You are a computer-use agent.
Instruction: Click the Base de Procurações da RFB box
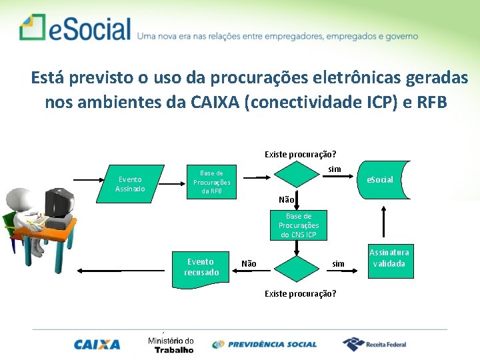point(211,181)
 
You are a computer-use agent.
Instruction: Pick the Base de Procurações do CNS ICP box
point(298,225)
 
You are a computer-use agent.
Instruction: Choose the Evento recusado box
point(201,267)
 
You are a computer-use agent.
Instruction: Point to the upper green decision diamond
point(299,175)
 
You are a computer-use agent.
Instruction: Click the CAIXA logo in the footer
point(97,345)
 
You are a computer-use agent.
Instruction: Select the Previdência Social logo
point(265,345)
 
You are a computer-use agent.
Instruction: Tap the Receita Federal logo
point(374,344)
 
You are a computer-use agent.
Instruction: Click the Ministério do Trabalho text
point(171,345)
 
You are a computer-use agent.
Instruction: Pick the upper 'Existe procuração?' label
point(300,155)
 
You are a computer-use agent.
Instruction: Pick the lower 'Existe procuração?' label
point(300,293)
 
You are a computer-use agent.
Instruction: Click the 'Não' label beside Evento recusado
point(249,264)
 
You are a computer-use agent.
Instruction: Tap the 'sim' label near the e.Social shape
point(335,169)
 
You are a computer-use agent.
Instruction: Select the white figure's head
point(19,199)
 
